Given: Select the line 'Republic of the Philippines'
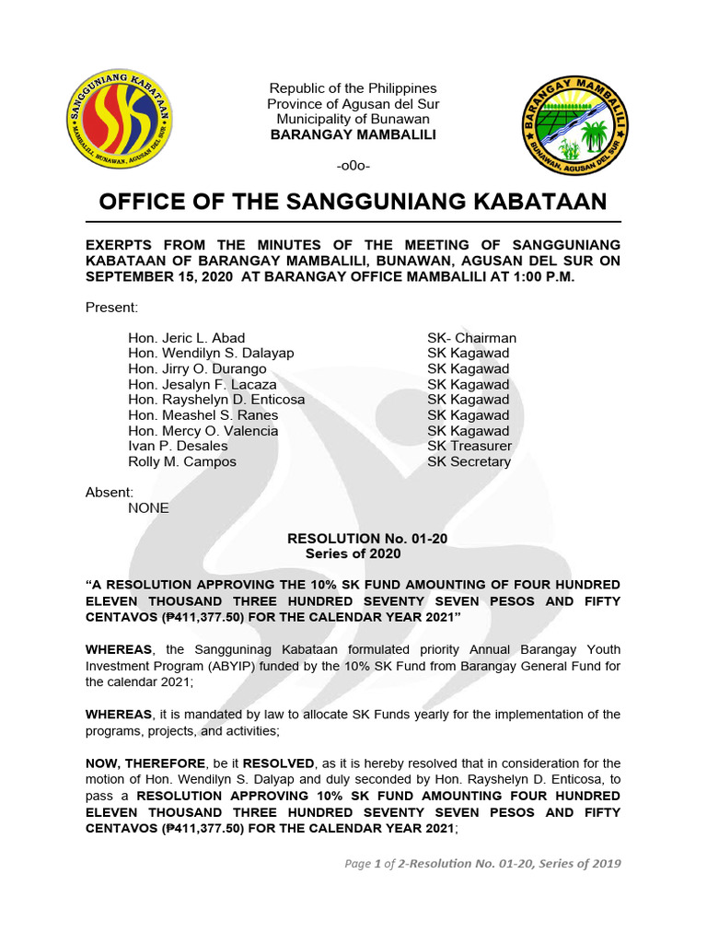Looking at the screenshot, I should click(x=353, y=87).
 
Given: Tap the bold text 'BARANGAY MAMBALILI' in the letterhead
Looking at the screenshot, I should click(x=353, y=134).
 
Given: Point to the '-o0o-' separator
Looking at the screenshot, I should click(x=353, y=166).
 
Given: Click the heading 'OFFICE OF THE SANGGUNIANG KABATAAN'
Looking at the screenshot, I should click(x=353, y=202).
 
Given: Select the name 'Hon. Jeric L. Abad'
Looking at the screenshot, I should click(x=187, y=338).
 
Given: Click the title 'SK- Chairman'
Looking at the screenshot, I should click(x=471, y=338).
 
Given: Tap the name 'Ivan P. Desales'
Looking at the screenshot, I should click(x=178, y=446).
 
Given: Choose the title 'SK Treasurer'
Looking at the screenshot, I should click(x=469, y=446).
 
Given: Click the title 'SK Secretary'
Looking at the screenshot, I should click(x=469, y=461).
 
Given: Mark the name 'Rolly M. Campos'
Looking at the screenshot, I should click(x=182, y=461).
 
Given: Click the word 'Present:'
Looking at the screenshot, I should click(x=111, y=307).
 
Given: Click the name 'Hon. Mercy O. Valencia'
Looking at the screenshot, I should click(x=203, y=431).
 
